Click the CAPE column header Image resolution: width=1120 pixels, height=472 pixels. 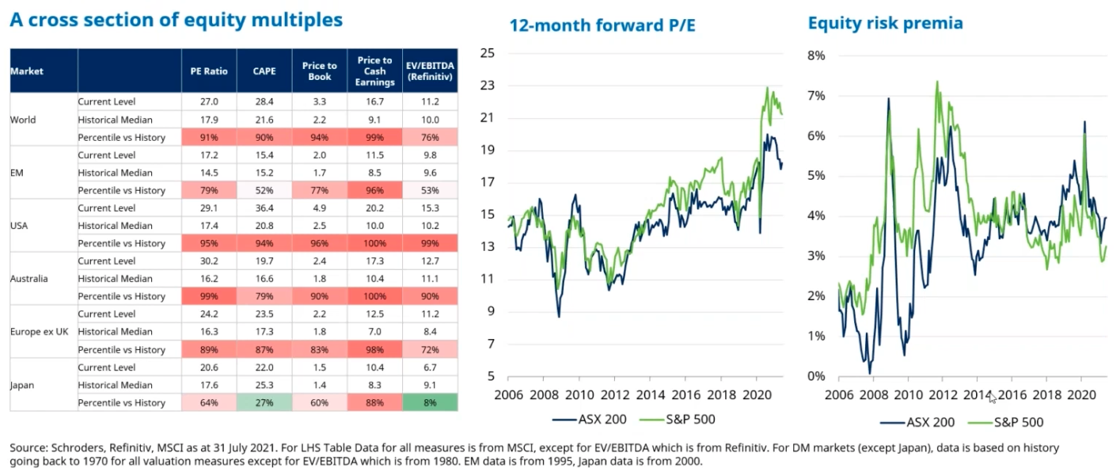click(x=264, y=71)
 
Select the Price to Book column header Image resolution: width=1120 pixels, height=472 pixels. click(x=320, y=71)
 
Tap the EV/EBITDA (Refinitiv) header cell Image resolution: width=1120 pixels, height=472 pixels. click(x=430, y=71)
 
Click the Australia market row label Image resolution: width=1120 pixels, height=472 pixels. click(x=29, y=279)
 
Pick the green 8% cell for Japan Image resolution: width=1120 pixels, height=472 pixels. click(x=430, y=403)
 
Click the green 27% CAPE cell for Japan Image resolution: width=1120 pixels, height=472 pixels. click(x=264, y=403)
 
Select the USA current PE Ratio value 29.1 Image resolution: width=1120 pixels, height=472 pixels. click(x=209, y=208)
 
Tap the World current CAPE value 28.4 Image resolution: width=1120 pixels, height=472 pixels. click(x=264, y=102)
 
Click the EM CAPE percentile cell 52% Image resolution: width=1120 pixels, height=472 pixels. click(x=264, y=191)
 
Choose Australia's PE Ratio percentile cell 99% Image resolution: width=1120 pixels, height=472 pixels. click(x=209, y=297)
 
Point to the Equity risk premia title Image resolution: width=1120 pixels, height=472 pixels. click(x=885, y=23)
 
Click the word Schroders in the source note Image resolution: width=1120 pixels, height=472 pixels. click(x=70, y=448)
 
